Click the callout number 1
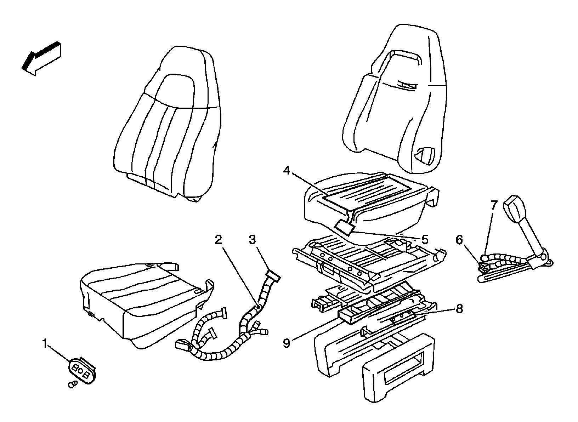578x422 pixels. point(45,343)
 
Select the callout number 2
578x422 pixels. point(219,240)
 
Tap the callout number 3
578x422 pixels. point(252,240)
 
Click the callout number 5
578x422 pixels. point(424,240)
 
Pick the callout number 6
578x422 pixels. point(459,240)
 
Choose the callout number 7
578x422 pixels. point(494,205)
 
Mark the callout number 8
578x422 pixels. point(459,309)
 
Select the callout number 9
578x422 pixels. point(287,342)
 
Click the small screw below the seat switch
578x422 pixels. point(72,384)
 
